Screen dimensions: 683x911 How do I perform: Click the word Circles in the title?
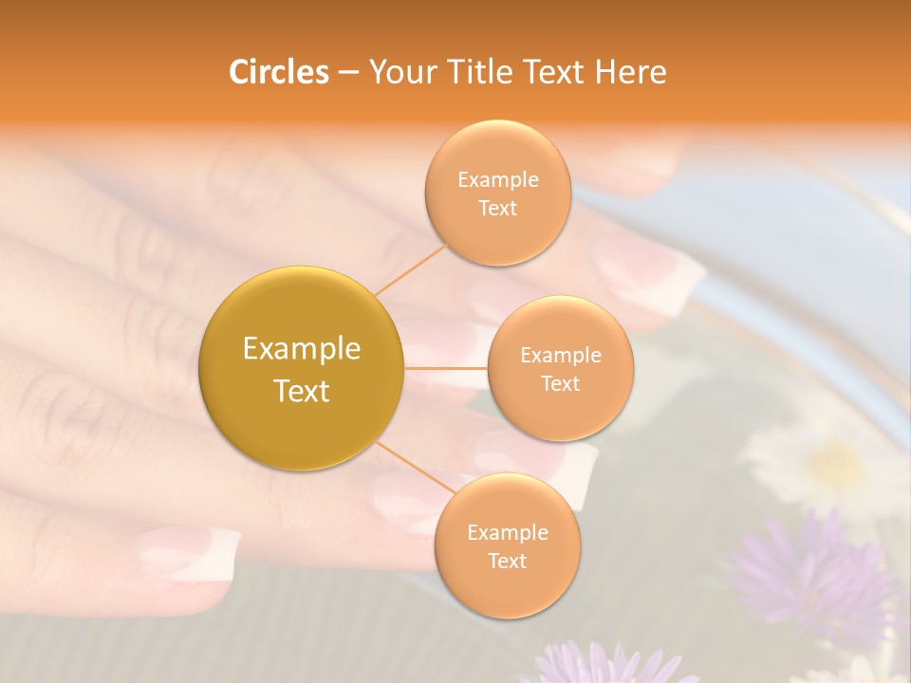coord(278,71)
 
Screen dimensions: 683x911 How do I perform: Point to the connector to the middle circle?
coord(445,368)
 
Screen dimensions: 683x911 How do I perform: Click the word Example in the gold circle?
coord(302,349)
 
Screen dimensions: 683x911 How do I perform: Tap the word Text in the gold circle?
coord(302,391)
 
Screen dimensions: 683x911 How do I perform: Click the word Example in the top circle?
coord(498,180)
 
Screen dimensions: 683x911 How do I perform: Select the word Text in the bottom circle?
coord(507,562)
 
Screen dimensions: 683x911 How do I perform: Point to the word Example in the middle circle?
coord(561,356)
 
